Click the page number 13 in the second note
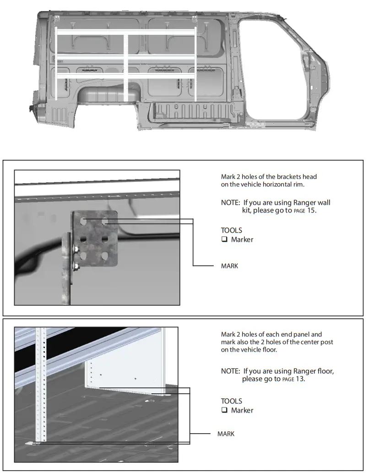300,379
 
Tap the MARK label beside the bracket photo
229,266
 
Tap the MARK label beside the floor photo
226,434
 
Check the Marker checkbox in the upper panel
224,239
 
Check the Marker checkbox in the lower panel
224,410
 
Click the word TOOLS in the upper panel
231,230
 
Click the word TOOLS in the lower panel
231,401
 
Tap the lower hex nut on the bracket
76,266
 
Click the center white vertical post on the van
126,64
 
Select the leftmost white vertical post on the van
56,64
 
